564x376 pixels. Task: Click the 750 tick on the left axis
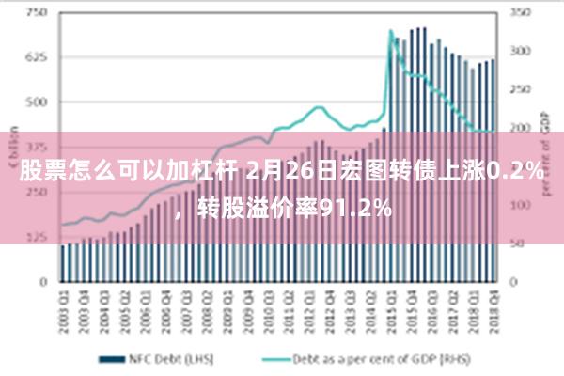coord(38,13)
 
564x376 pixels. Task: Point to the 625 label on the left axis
coord(38,57)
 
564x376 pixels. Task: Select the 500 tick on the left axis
coord(38,102)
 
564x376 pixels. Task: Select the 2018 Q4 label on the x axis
coord(492,305)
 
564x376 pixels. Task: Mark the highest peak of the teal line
coord(391,32)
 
